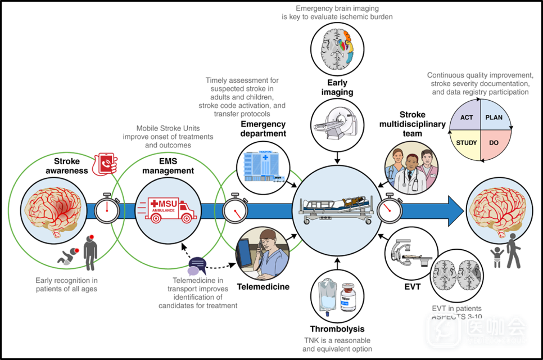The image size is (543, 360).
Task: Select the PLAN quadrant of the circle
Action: [494, 118]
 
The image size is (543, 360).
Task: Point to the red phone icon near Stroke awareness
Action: [105, 163]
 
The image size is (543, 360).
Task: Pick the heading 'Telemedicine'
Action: [263, 287]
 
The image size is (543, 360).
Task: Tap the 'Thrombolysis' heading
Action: [337, 329]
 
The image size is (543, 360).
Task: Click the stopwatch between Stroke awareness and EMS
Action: [106, 209]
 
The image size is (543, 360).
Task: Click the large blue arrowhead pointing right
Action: [455, 209]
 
